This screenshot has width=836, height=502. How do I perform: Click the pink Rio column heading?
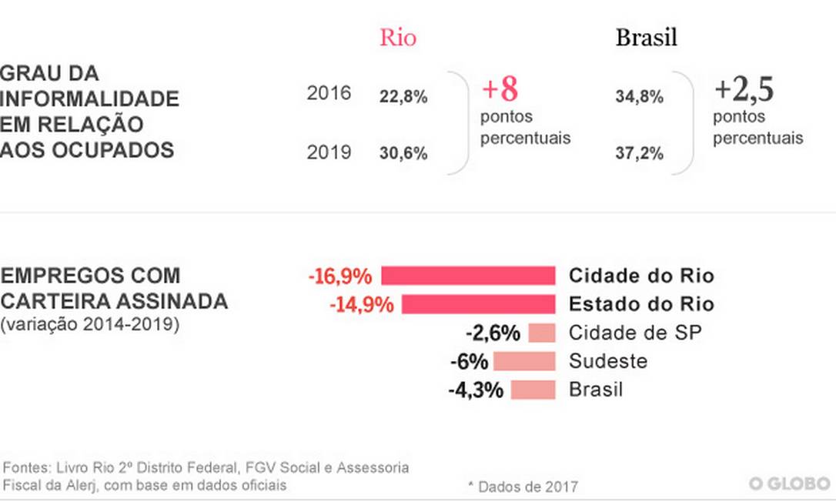[397, 38]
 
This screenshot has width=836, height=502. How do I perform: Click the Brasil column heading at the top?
[646, 38]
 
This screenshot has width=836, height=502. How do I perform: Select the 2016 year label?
[329, 93]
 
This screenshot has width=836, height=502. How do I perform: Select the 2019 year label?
[329, 152]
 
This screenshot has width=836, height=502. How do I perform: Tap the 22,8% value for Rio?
[403, 98]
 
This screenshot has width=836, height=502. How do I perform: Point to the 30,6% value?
[403, 153]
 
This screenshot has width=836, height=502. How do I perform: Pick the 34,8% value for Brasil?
[639, 98]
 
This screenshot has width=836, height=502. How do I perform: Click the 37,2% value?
[639, 153]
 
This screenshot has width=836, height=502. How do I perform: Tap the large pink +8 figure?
[500, 90]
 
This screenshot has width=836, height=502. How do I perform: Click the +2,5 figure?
[744, 90]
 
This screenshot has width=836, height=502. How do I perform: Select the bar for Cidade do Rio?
[468, 276]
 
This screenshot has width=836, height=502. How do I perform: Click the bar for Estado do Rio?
[478, 304]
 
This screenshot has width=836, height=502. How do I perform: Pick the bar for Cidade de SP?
[542, 333]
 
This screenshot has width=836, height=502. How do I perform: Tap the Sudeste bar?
[523, 361]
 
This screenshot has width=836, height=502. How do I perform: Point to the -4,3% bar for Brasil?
[532, 390]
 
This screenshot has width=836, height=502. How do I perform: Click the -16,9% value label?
[339, 276]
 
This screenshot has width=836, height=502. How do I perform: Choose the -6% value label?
[470, 361]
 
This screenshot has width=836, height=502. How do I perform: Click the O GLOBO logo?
[790, 484]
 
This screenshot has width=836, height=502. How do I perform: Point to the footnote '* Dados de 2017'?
[523, 487]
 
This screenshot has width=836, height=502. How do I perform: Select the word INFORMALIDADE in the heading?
[90, 99]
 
